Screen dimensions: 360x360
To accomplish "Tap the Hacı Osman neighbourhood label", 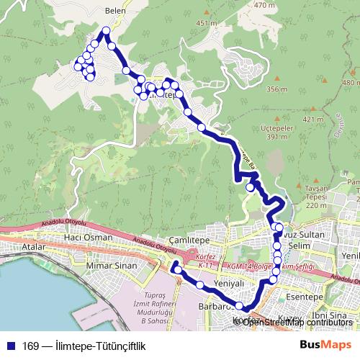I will pyautogui.click(x=88, y=237).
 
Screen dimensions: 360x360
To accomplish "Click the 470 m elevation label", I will pyautogui.click(x=265, y=5).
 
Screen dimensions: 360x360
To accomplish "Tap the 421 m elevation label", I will pyautogui.click(x=312, y=119).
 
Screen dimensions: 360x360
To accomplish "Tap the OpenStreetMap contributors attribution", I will pyautogui.click(x=297, y=322).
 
